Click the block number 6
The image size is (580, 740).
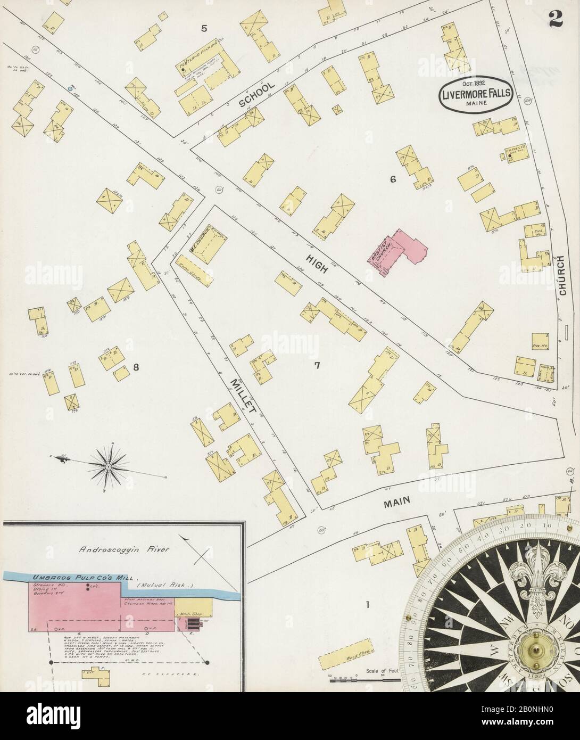click(393, 179)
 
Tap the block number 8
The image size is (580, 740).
click(136, 366)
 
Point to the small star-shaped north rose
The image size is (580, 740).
click(109, 467)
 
